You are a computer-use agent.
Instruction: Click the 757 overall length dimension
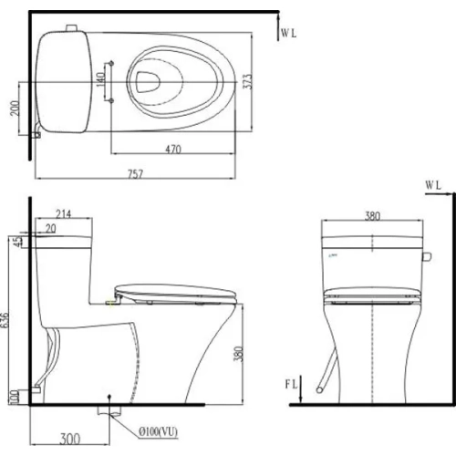(135, 174)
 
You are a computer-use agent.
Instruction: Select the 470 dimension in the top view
(173, 150)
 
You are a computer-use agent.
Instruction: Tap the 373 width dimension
(248, 81)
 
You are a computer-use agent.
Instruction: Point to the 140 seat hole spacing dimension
(101, 79)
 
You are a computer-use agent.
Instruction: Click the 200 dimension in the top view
(15, 108)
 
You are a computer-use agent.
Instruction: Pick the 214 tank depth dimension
(64, 214)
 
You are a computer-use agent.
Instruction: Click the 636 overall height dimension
(5, 320)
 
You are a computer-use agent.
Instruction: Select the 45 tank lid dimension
(19, 242)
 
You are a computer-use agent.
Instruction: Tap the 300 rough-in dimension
(70, 439)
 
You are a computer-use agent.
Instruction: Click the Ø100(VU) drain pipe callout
(158, 431)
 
